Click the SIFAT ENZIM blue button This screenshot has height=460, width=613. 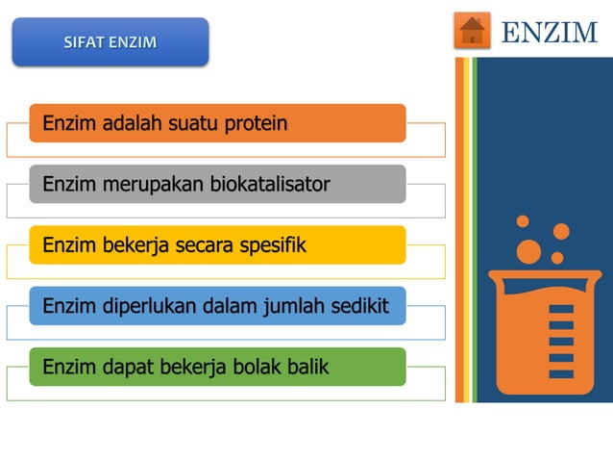tap(110, 42)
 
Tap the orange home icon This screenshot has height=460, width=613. tap(472, 31)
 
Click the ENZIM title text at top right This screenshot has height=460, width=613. tap(550, 32)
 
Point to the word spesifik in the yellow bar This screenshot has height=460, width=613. tap(273, 244)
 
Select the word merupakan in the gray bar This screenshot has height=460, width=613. tap(142, 184)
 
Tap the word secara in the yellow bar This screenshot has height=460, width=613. tap(204, 245)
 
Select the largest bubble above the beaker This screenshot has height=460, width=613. tap(528, 251)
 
